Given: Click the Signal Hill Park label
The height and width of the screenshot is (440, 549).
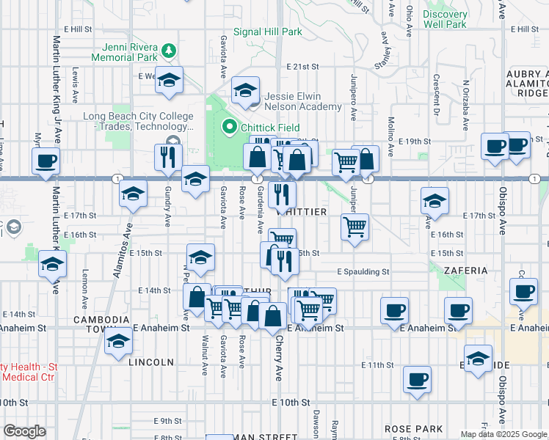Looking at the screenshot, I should pyautogui.click(x=267, y=32).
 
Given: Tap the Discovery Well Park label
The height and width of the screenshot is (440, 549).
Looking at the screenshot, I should pyautogui.click(x=445, y=19).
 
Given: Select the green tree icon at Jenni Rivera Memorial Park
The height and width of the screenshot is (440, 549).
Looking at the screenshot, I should pyautogui.click(x=170, y=49).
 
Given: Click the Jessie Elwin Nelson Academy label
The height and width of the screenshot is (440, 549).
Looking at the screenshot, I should pyautogui.click(x=302, y=101).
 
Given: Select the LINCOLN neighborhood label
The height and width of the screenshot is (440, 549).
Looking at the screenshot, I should pyautogui.click(x=151, y=362).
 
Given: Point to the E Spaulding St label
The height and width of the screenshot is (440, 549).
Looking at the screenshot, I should pyautogui.click(x=363, y=271).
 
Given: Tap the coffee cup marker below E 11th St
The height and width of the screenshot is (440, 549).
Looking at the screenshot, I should pyautogui.click(x=418, y=379).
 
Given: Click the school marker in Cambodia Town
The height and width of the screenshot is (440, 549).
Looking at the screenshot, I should pyautogui.click(x=117, y=342).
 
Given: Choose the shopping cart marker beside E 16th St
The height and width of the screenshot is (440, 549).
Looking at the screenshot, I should pyautogui.click(x=355, y=227).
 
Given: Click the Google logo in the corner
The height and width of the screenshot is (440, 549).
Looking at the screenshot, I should pyautogui.click(x=24, y=431).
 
